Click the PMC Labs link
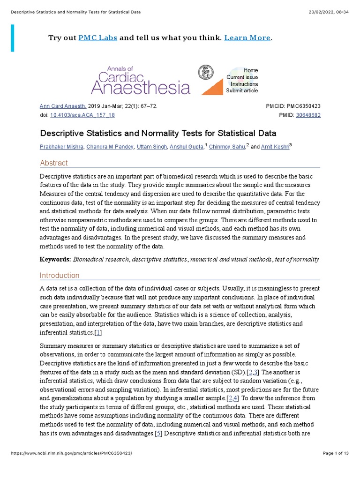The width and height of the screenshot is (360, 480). tap(97, 38)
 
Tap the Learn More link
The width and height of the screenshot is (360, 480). tap(247, 38)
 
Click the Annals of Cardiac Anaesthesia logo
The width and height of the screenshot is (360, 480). tap(141, 80)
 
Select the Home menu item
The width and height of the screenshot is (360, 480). tap(250, 70)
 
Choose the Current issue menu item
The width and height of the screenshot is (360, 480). tap(242, 77)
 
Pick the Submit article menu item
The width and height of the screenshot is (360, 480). tap(242, 90)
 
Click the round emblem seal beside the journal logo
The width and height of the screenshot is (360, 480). tap(205, 72)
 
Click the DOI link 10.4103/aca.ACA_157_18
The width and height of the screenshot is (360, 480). tap(82, 115)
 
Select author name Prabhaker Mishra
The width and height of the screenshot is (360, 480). tap(62, 147)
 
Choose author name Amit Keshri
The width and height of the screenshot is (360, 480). tap(275, 147)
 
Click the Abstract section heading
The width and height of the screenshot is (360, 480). tap(54, 163)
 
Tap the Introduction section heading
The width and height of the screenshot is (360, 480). tap(60, 275)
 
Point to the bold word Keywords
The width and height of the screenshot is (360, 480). tap(55, 259)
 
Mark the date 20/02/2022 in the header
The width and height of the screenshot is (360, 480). tap(319, 12)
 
